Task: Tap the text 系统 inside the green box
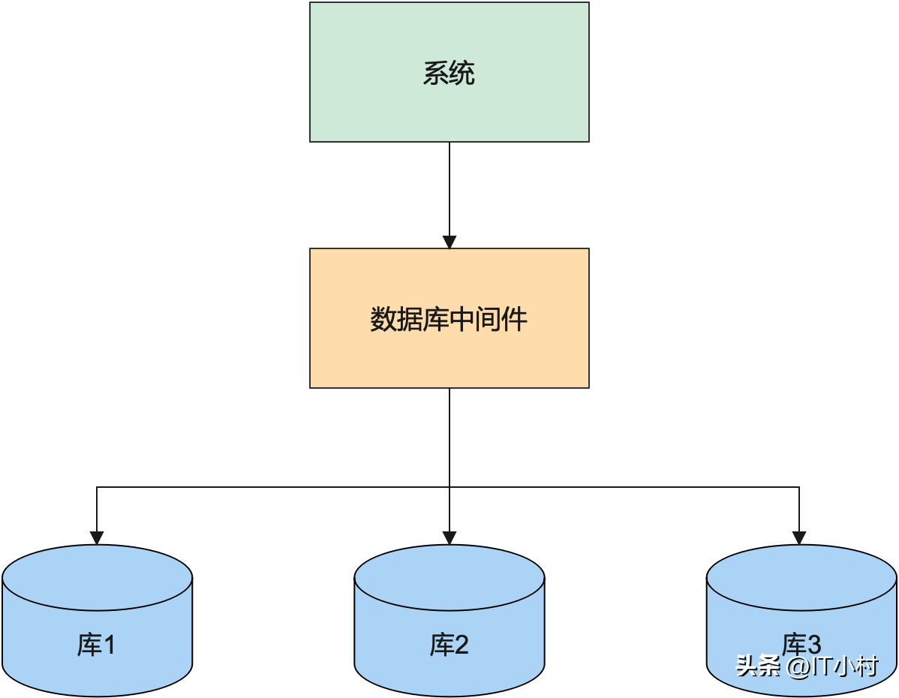point(449,74)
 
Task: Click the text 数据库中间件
point(449,320)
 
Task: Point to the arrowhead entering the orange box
point(449,242)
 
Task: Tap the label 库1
point(97,645)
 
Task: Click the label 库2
point(449,645)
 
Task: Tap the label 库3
point(801,644)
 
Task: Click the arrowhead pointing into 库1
point(97,538)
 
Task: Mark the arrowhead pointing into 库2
point(449,538)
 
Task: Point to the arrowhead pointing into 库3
point(799,538)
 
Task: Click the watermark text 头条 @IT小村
point(807,666)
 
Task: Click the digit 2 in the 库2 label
point(461,645)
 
